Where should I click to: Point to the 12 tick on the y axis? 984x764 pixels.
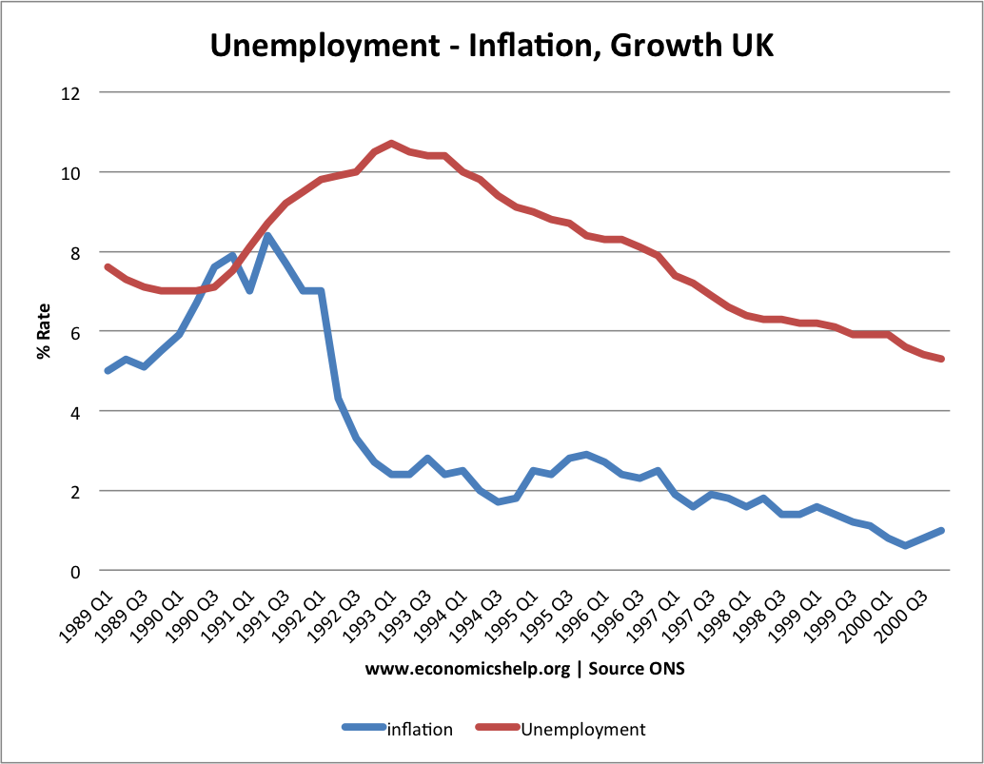[72, 93]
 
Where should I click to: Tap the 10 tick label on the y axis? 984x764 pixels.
[72, 173]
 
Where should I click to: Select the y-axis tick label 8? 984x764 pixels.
[76, 252]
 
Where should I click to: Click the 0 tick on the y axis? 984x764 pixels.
[76, 571]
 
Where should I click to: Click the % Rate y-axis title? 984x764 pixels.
[44, 331]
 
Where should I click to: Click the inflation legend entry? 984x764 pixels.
[420, 730]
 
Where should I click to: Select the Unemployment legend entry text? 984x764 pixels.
[582, 730]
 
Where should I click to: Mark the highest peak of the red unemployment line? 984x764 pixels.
[391, 144]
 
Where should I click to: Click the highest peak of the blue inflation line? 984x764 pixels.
[267, 236]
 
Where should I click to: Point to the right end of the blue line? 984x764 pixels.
[941, 531]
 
